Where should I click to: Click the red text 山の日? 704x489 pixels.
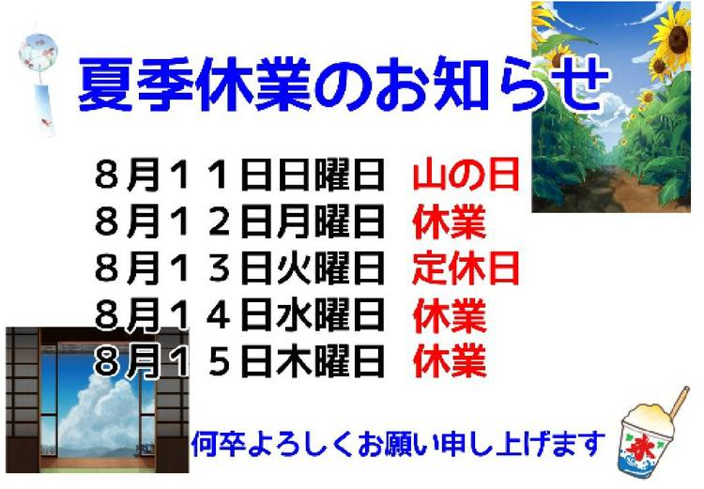[466, 175]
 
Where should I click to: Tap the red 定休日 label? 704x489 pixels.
[466, 268]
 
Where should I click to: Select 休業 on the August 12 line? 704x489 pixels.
[450, 222]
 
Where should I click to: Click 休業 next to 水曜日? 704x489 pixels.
[450, 315]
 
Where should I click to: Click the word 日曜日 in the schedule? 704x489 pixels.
[331, 175]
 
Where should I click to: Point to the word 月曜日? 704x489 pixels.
[331, 222]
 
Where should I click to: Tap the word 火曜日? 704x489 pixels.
[331, 268]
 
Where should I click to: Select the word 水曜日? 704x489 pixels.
[331, 315]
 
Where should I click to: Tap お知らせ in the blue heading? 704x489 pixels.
[491, 84]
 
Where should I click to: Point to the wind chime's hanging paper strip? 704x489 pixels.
[45, 109]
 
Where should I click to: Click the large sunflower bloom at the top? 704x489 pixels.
[672, 37]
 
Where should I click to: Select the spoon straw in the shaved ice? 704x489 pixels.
[678, 402]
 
